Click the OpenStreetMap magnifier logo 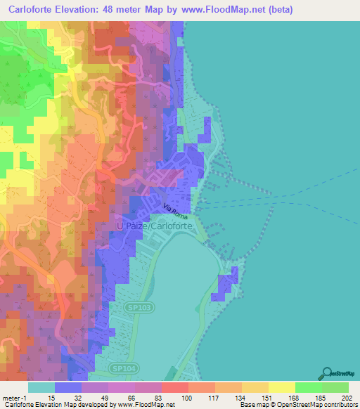pyautogui.click(x=329, y=374)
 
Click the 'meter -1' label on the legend pyautogui.click(x=14, y=398)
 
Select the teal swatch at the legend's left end pyautogui.click(x=41, y=387)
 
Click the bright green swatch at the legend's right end pyautogui.click(x=335, y=387)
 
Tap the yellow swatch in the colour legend pyautogui.click(x=282, y=387)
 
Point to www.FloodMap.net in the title pyautogui.click(x=217, y=10)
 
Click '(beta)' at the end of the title pyautogui.click(x=278, y=10)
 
